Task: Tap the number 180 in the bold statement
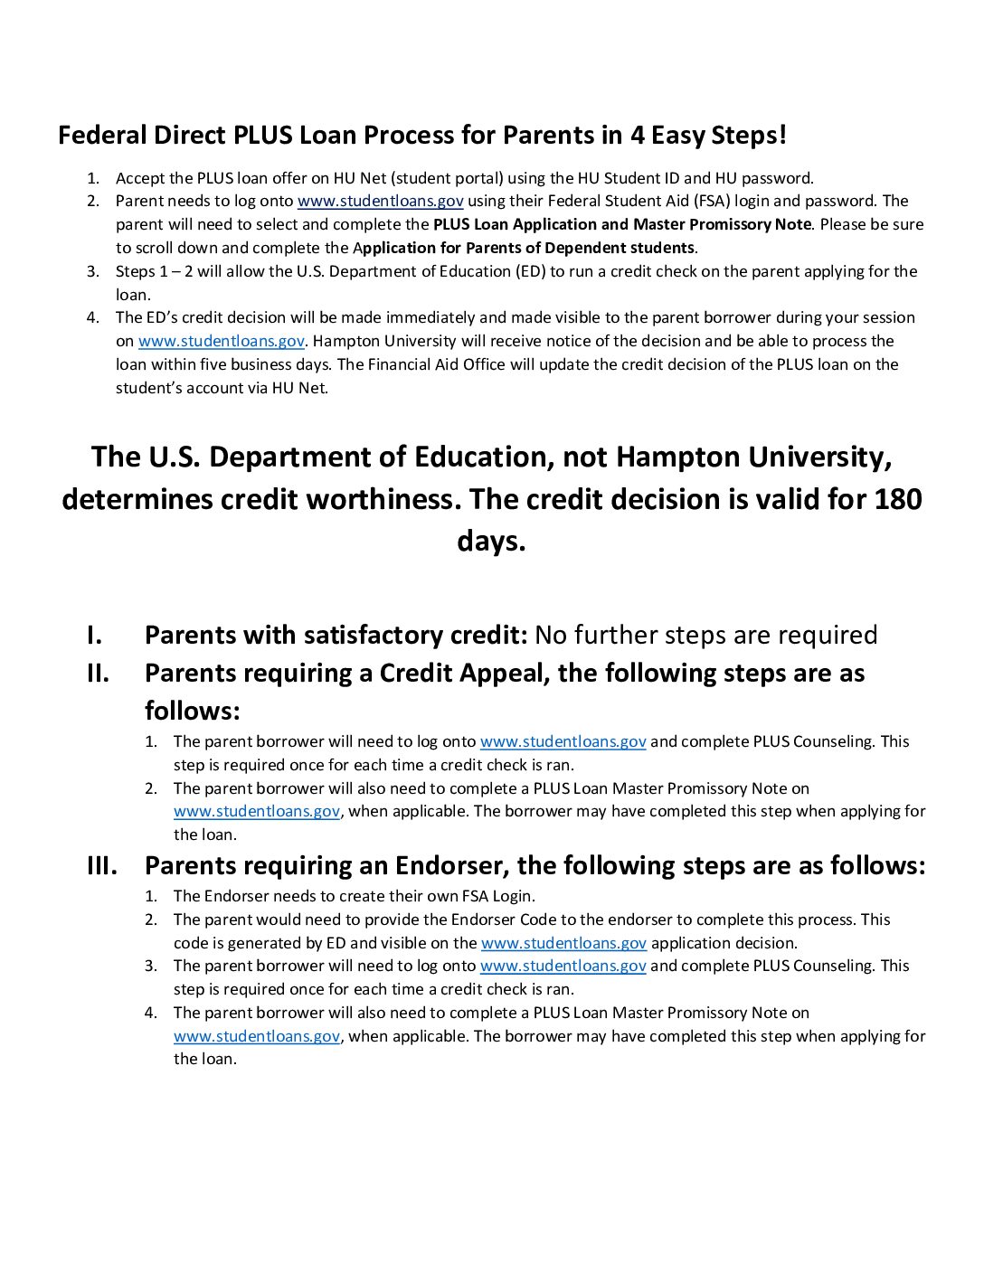[x=897, y=499]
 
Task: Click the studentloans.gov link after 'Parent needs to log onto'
[x=380, y=201]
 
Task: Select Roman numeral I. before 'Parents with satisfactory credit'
[x=94, y=635]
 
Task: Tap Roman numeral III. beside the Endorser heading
[x=102, y=865]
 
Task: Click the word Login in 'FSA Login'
[x=511, y=896]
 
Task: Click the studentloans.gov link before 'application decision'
[x=563, y=943]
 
